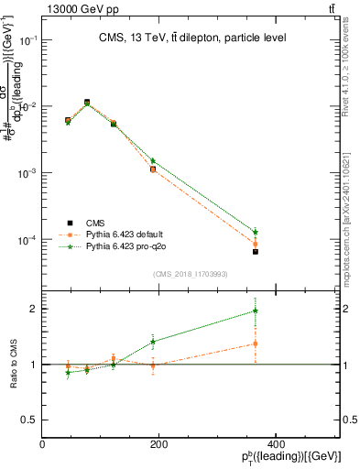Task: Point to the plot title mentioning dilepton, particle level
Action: pos(191,38)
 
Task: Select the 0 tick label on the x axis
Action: pos(43,444)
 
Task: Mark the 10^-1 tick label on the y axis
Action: pos(26,40)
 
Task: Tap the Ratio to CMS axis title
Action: pos(13,365)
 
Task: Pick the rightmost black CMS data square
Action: pos(256,251)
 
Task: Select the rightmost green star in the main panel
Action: pos(256,232)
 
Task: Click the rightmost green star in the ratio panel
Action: pos(256,311)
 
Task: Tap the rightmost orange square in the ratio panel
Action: pos(256,344)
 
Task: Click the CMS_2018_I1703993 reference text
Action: pos(191,274)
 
